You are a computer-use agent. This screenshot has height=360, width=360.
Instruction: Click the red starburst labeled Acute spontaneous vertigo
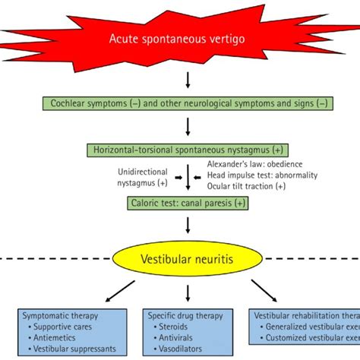pyautogui.click(x=187, y=39)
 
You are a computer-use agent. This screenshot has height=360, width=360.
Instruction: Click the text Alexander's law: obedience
pyautogui.click(x=256, y=164)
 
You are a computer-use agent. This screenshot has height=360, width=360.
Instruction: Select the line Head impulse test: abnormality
pyautogui.click(x=262, y=175)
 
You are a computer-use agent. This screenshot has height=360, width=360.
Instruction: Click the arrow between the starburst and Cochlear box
pyautogui.click(x=188, y=80)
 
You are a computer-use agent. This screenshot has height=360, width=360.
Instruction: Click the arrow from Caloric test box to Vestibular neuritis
pyautogui.click(x=188, y=225)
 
